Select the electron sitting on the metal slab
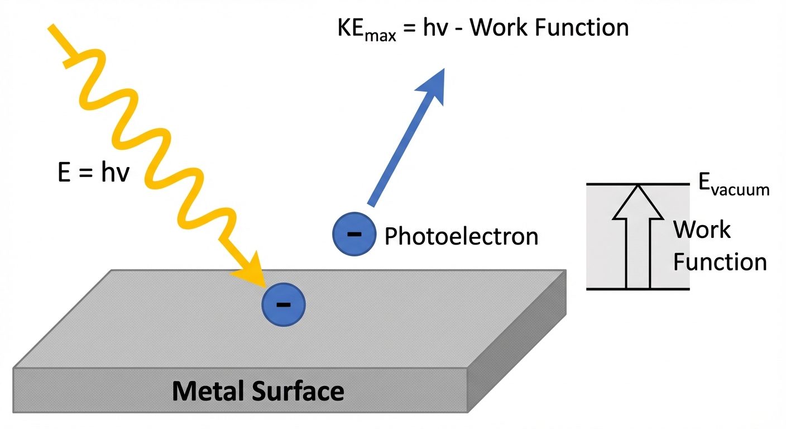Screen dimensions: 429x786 pyautogui.click(x=284, y=304)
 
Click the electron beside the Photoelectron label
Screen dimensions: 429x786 pyautogui.click(x=354, y=234)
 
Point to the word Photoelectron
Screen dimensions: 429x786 pyautogui.click(x=461, y=236)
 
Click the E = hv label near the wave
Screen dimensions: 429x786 pyautogui.click(x=93, y=173)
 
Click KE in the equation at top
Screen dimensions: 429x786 pyautogui.click(x=351, y=28)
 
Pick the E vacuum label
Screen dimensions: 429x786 pyautogui.click(x=734, y=186)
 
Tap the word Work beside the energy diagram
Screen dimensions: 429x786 pyautogui.click(x=701, y=230)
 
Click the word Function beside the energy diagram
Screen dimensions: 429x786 pyautogui.click(x=720, y=261)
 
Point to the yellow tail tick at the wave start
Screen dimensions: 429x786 pyautogui.click(x=68, y=60)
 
